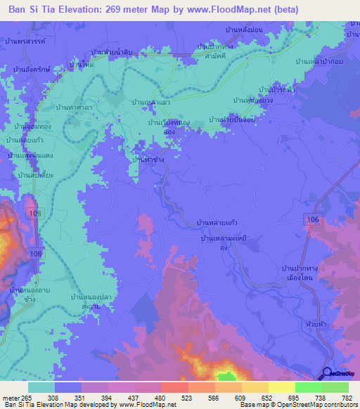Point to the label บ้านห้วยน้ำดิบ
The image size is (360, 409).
point(117,52)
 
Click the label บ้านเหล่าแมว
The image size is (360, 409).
point(152,102)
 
